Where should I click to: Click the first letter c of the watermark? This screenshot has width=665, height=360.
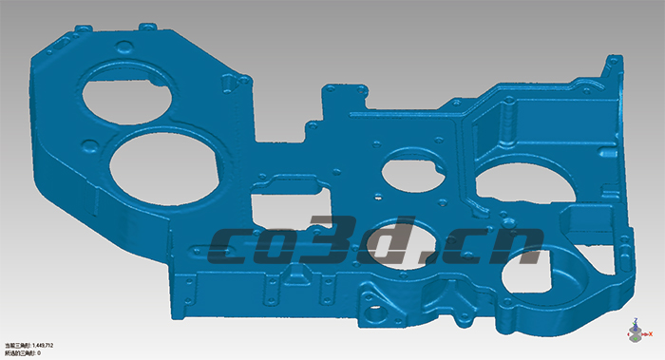click(x=236, y=247)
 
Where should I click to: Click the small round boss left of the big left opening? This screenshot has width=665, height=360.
click(x=91, y=145)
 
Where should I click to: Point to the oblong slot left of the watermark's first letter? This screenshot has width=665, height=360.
click(x=195, y=252)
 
